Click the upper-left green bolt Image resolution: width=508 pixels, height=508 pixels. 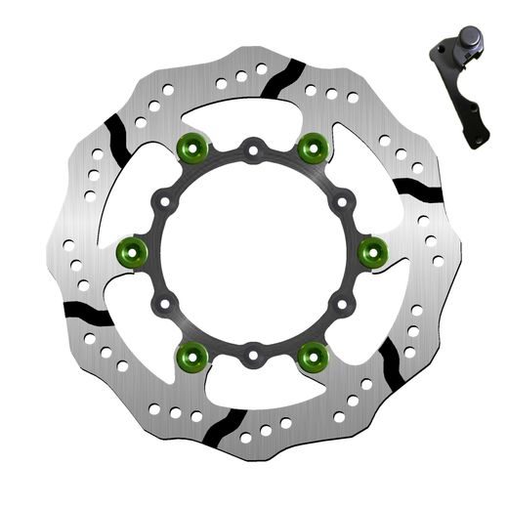tap(191, 149)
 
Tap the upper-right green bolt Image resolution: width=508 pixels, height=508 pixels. tap(312, 149)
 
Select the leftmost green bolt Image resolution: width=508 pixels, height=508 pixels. tap(131, 252)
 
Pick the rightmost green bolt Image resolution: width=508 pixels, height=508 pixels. tap(372, 252)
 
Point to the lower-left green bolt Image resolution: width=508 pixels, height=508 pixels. tap(191, 354)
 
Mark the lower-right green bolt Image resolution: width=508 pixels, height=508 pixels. tap(313, 354)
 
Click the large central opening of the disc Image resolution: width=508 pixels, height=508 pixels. tap(252, 251)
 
